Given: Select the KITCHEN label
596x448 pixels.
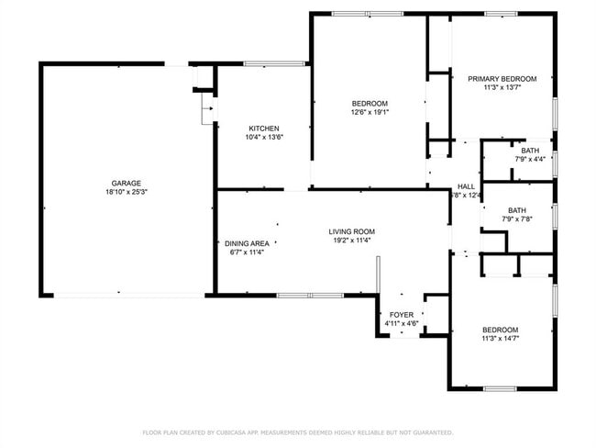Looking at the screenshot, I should (x=264, y=129).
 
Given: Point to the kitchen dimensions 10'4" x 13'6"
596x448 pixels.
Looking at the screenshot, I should (x=264, y=138).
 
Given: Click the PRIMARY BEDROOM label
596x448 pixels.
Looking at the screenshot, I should (x=502, y=79).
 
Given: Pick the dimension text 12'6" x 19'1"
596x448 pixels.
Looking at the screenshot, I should (x=370, y=113).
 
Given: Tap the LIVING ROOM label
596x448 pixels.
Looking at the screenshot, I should (x=352, y=231).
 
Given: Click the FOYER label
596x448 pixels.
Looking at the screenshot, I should (x=401, y=314).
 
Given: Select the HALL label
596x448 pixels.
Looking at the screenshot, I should (x=467, y=185).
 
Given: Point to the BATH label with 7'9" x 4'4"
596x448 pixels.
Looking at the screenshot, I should (x=530, y=151).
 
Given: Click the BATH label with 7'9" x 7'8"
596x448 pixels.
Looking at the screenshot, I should (x=517, y=209).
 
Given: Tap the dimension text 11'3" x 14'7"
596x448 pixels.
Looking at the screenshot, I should (x=501, y=340).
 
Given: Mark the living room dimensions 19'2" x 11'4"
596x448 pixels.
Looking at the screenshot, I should (x=352, y=241).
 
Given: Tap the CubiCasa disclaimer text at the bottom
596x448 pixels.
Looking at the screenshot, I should (x=297, y=431).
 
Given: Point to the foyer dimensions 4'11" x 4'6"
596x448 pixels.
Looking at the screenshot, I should (x=401, y=323).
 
